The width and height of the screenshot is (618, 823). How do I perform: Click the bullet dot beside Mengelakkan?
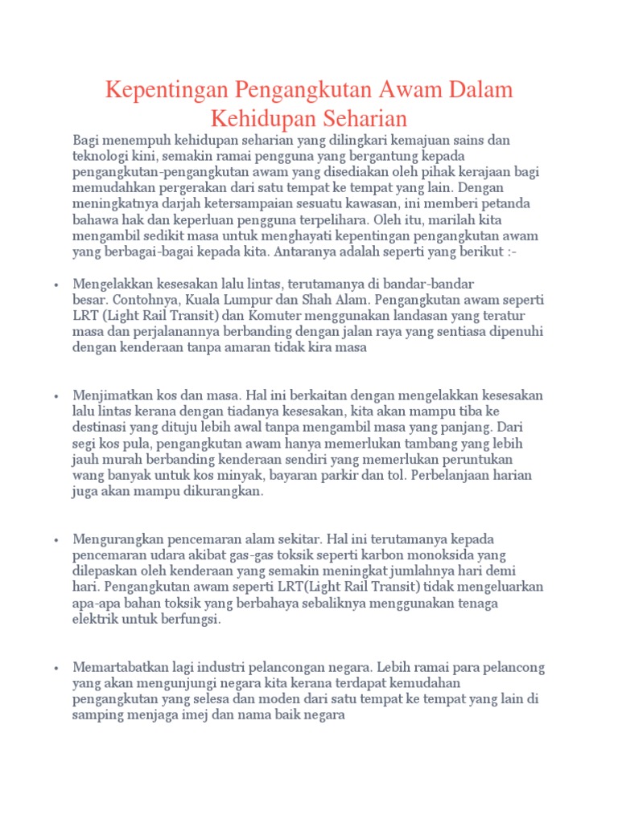point(55,285)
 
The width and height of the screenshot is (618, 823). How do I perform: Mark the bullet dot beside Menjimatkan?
point(55,396)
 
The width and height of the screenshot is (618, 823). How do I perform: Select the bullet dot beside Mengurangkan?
point(55,539)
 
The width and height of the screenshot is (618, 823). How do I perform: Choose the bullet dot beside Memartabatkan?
point(55,668)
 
